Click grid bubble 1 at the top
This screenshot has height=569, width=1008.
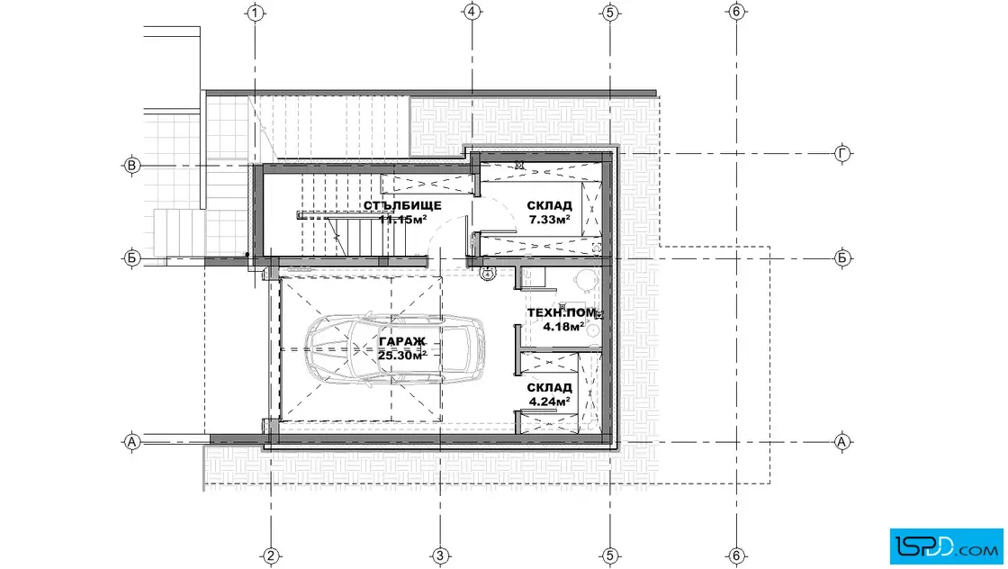256,13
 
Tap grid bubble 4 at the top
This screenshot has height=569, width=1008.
472,12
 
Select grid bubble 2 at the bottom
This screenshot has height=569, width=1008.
271,556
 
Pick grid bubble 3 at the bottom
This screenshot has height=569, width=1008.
440,556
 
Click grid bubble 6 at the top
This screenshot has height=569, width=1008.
737,12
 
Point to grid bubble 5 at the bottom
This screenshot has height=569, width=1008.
609,556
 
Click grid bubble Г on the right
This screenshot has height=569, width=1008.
842,154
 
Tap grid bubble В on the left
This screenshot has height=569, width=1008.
131,166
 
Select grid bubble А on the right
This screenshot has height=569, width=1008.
842,442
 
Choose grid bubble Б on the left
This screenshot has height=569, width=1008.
131,258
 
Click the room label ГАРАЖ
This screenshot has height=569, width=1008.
402,342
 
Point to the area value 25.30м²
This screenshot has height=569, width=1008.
402,356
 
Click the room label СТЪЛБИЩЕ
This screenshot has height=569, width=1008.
402,206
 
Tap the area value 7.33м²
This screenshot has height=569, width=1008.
550,220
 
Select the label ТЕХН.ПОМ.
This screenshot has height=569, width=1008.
562,313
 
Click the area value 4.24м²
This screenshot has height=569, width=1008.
550,402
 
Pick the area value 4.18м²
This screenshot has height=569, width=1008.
563,327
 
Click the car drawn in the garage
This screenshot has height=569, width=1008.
395,349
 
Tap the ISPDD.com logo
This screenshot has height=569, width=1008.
946,546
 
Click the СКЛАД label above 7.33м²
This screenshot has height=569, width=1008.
550,206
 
